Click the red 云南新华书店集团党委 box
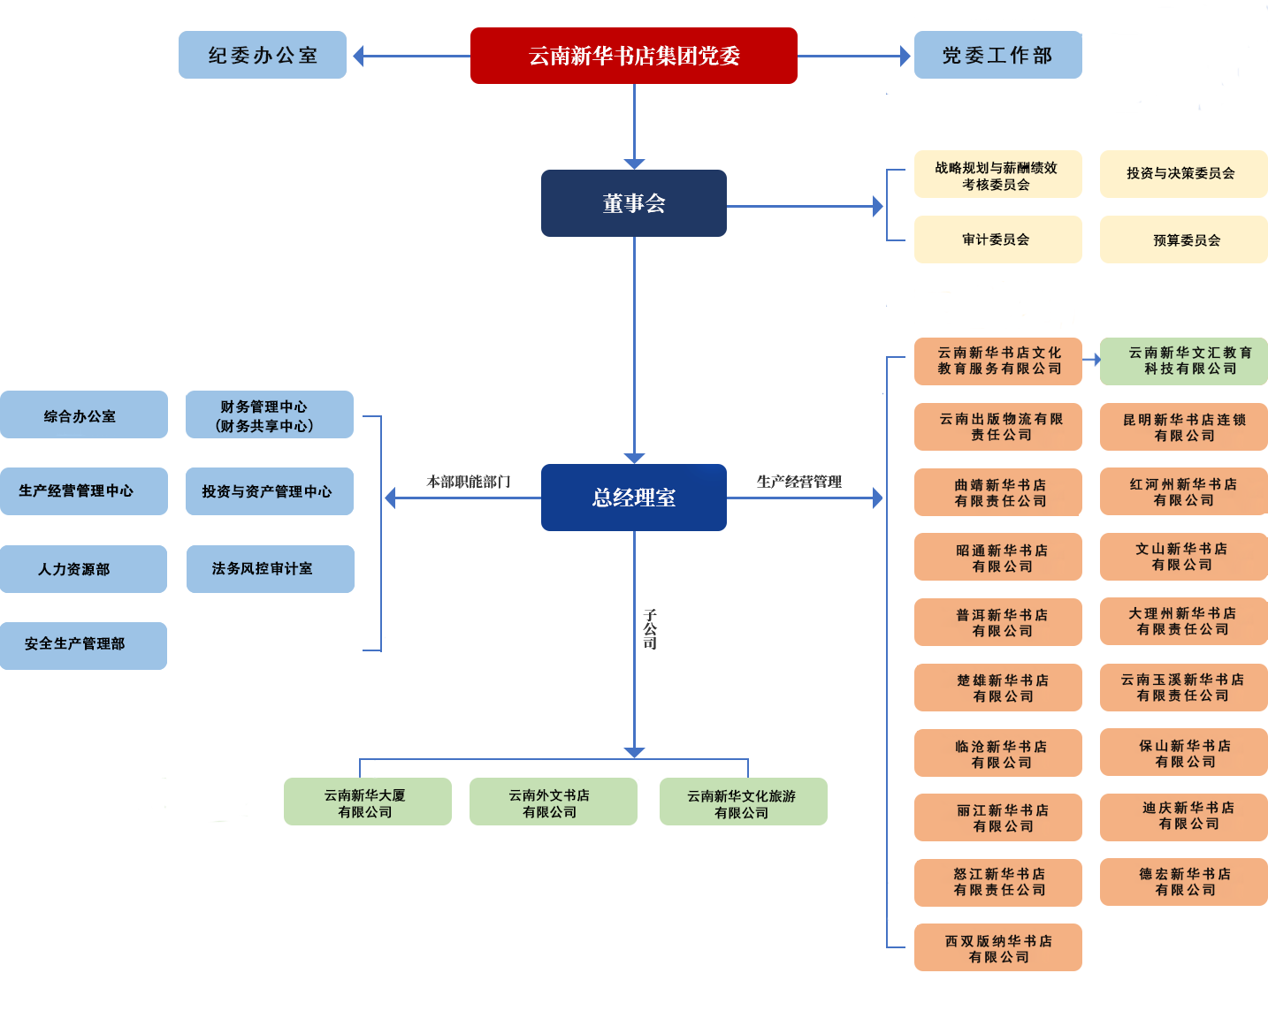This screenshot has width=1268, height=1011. pos(633,56)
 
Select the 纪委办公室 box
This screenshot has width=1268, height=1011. pos(263,55)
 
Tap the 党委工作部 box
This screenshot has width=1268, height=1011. pos(997,56)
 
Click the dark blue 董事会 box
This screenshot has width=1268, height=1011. pos(633,203)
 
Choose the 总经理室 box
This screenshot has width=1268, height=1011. pos(633,498)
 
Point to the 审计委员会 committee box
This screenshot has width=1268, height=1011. pos(997,239)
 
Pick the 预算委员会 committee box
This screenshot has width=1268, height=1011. pos(1182,240)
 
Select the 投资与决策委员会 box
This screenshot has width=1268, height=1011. pos(1182,173)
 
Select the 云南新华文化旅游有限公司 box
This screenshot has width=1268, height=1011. pos(743,803)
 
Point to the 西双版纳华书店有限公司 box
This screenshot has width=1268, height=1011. pos(997,947)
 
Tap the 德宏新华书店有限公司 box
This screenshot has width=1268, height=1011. pos(1183,881)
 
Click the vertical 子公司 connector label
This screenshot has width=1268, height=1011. pos(650,629)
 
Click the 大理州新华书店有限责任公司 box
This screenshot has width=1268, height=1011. pos(1183,620)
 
